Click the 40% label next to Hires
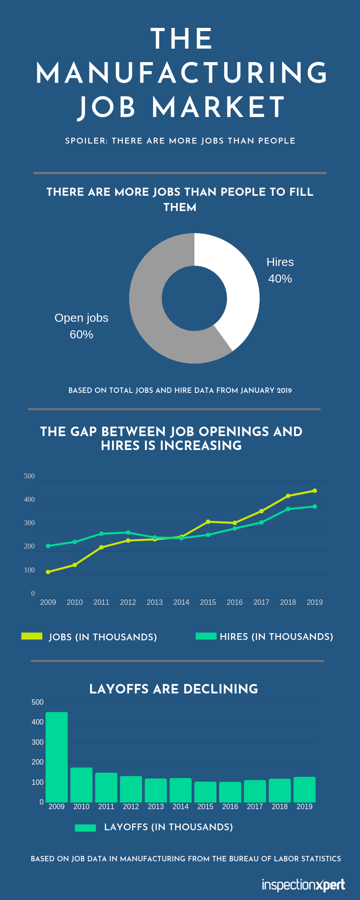[280, 279]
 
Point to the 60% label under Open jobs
[81, 335]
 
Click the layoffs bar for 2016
[230, 792]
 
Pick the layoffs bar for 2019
[304, 789]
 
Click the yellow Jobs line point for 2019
[315, 491]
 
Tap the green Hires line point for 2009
[48, 546]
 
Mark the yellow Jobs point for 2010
[75, 565]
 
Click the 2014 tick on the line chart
[181, 603]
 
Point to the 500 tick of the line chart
[29, 476]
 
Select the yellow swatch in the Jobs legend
[31, 636]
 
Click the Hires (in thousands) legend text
[276, 637]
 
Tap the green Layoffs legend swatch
[85, 828]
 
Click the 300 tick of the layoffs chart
[38, 742]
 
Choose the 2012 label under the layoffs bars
[131, 806]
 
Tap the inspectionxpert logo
[303, 885]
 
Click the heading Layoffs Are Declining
[174, 689]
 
